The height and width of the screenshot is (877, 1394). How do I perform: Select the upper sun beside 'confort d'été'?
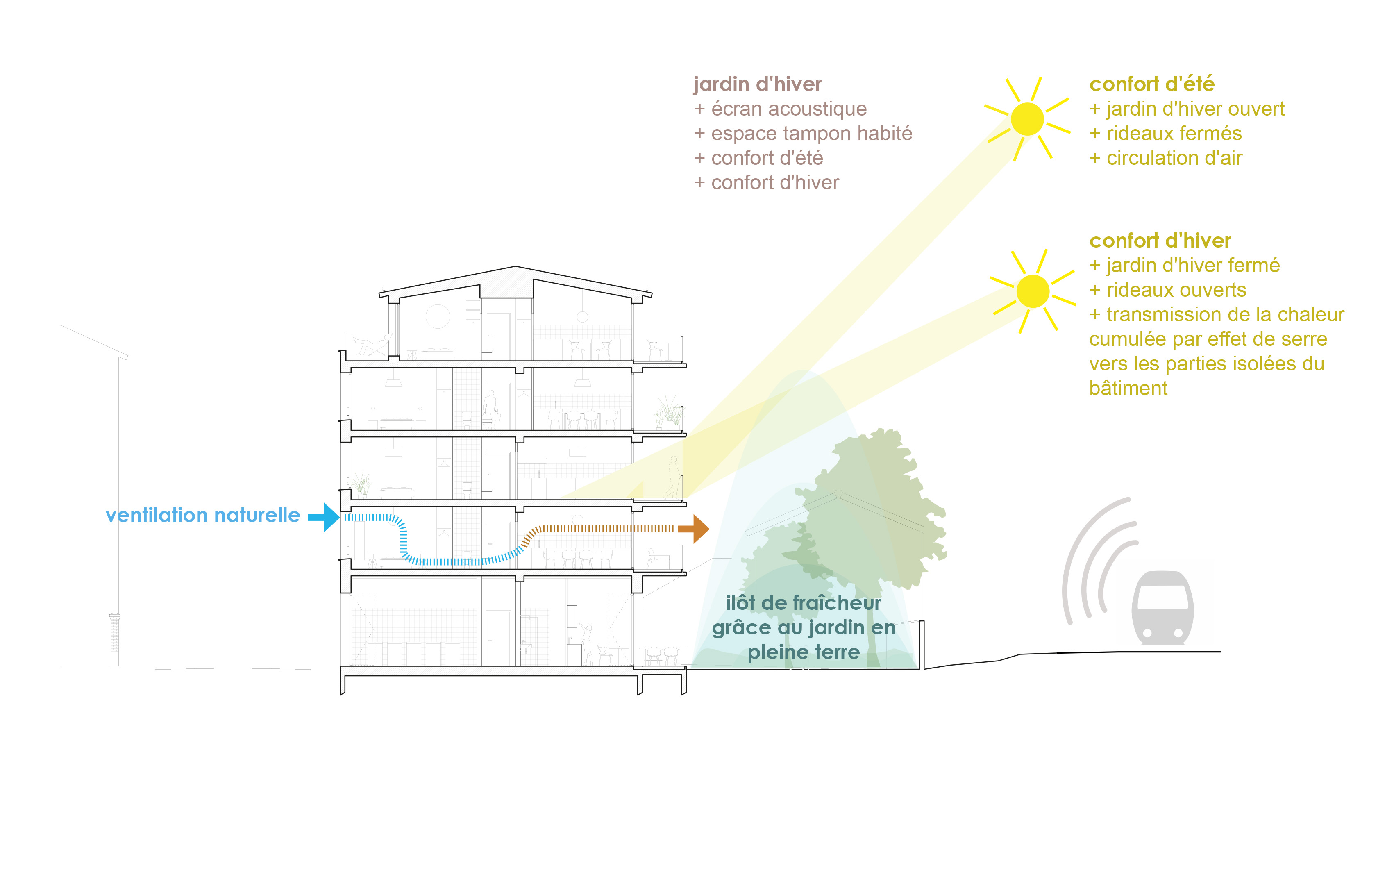1028,119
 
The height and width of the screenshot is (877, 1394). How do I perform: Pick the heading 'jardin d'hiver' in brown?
757,84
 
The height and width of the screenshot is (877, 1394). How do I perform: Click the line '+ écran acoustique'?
780,109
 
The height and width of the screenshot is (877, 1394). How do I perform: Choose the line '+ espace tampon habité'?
803,133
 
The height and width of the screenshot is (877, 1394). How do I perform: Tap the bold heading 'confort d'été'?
1151,84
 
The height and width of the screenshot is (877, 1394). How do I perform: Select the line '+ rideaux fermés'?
1165,134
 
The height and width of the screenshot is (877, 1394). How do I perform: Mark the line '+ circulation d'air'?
1166,158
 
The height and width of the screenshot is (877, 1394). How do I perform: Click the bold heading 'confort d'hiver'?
1160,241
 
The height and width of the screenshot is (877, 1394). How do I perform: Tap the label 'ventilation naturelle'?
202,515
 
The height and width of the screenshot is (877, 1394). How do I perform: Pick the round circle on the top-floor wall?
438,317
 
